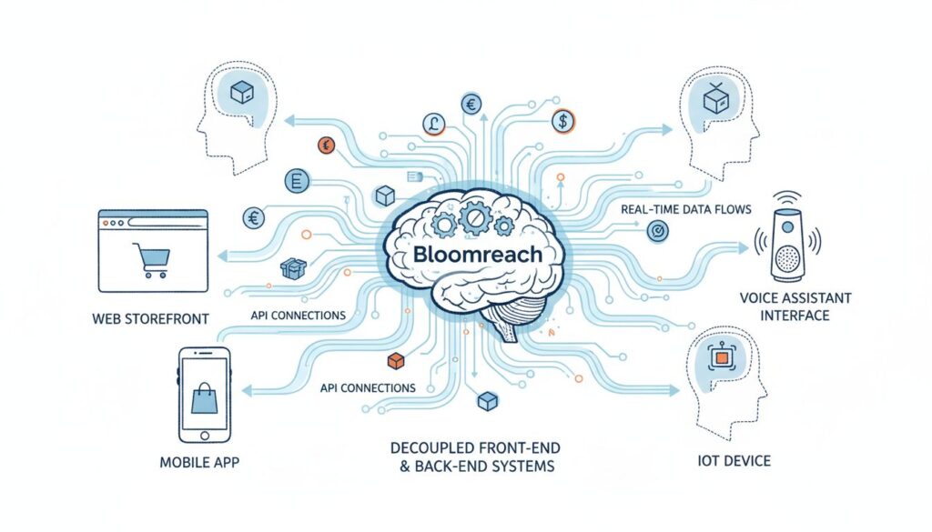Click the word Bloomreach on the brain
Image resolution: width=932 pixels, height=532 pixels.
point(477,254)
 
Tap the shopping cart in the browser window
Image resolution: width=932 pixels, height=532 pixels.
point(152,260)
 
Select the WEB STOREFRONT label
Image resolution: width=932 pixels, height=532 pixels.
point(151,319)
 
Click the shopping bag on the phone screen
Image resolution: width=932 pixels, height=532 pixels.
point(204,398)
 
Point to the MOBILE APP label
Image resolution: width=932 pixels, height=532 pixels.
point(199,463)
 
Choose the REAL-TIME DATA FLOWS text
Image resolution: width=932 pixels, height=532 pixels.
point(686,209)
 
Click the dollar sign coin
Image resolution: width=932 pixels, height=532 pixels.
point(562,122)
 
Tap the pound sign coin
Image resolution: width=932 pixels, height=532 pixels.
point(434,124)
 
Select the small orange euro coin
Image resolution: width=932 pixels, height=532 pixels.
point(326,145)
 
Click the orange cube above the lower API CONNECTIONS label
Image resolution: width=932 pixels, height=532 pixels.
point(395,360)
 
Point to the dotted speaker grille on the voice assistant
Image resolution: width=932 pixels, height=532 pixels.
point(787,259)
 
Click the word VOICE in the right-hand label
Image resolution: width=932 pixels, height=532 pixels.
point(758,298)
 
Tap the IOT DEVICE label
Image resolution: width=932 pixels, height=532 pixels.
point(734,461)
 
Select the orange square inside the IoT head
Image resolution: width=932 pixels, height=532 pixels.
point(721,357)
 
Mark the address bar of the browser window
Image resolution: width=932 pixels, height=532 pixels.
point(166,223)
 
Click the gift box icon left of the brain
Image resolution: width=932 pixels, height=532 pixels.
point(293,269)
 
